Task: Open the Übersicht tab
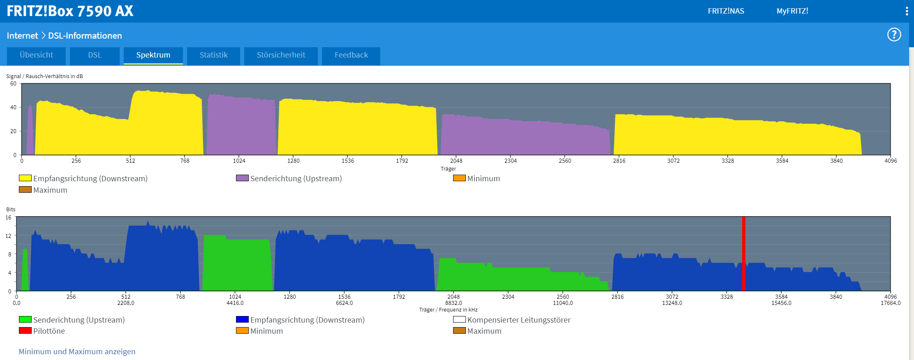click(36, 55)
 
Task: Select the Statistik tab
click(213, 55)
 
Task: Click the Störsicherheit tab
click(281, 55)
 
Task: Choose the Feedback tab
click(351, 55)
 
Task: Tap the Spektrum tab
click(153, 55)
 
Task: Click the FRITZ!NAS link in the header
click(726, 11)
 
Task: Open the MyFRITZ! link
click(792, 11)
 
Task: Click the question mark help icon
click(894, 35)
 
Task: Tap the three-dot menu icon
click(907, 11)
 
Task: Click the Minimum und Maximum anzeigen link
click(77, 351)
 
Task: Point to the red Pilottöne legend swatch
click(25, 330)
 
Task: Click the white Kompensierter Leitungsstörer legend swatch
click(459, 319)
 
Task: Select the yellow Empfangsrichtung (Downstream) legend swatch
click(25, 178)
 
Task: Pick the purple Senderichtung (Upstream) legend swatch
click(242, 178)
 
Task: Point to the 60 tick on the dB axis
click(14, 83)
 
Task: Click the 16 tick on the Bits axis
click(9, 217)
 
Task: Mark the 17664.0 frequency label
click(890, 303)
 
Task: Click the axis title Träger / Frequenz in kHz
click(448, 309)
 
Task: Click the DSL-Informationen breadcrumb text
click(85, 36)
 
